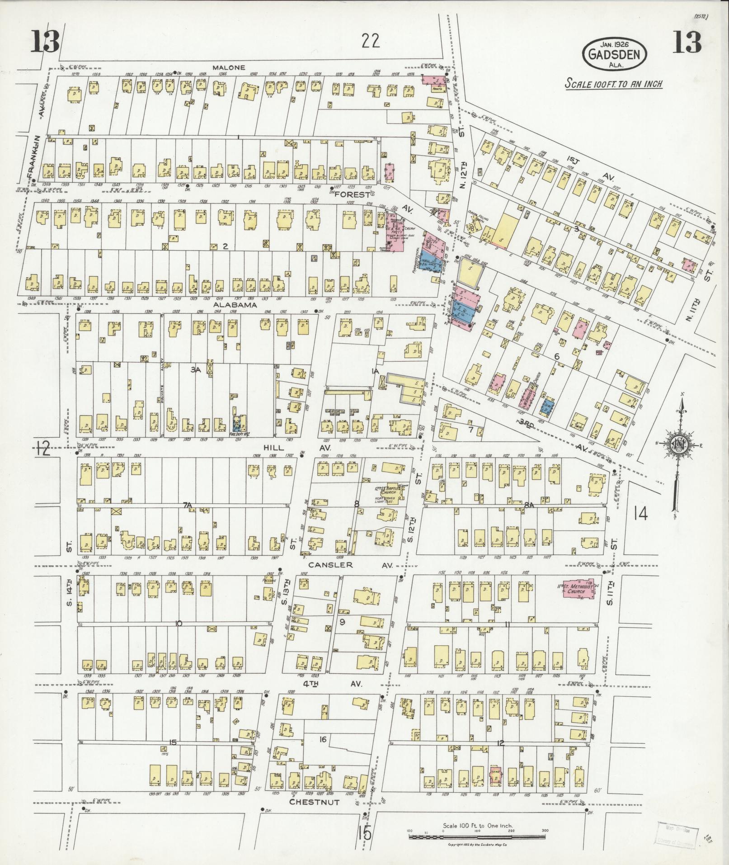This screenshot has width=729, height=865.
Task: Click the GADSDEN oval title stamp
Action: point(614,55)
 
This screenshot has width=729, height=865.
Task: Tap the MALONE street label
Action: point(230,67)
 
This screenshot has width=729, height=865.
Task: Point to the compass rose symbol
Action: point(677,444)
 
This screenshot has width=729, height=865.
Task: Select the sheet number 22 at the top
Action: point(371,41)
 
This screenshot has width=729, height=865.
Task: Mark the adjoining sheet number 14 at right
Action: point(640,514)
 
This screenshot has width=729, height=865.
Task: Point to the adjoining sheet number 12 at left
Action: point(43,449)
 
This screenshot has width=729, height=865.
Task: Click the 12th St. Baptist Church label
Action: point(386,490)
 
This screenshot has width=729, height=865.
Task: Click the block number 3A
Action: point(195,369)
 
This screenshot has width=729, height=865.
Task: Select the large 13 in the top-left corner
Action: point(45,42)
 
